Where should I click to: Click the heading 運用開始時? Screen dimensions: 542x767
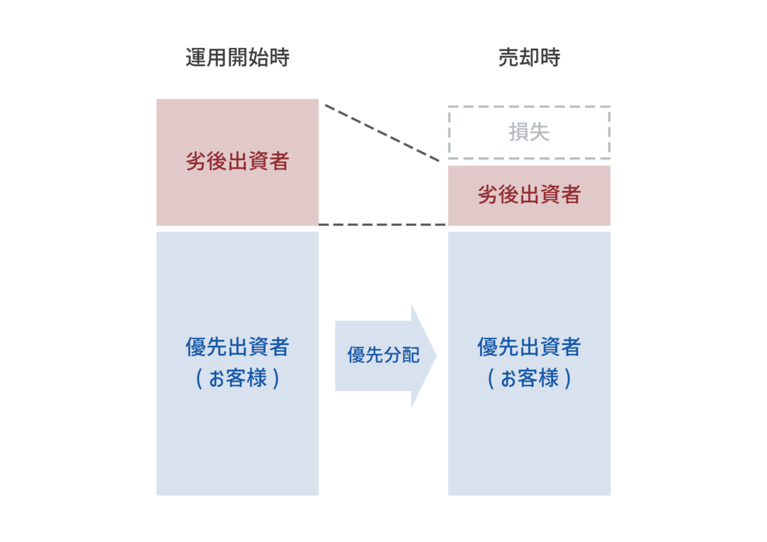(237, 58)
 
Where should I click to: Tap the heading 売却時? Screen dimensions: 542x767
(530, 58)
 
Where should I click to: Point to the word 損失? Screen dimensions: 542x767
(530, 133)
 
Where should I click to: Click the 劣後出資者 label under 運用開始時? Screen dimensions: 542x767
(237, 161)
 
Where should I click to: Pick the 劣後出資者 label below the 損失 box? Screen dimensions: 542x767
(530, 195)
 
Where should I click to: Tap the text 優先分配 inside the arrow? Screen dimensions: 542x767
(383, 355)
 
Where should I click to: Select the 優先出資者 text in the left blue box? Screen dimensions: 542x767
(237, 347)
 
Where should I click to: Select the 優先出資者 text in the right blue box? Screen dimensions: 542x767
(530, 347)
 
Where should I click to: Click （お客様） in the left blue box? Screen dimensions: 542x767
(237, 378)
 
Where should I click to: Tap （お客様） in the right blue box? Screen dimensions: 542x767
(530, 378)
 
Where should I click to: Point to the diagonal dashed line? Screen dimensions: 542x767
(382, 133)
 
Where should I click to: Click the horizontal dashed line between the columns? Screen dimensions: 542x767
(383, 224)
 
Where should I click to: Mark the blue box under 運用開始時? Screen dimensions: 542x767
(237, 442)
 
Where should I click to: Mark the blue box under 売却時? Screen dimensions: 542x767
(530, 442)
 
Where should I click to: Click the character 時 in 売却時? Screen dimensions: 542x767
(551, 58)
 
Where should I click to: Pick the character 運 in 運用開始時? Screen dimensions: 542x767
(195, 58)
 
